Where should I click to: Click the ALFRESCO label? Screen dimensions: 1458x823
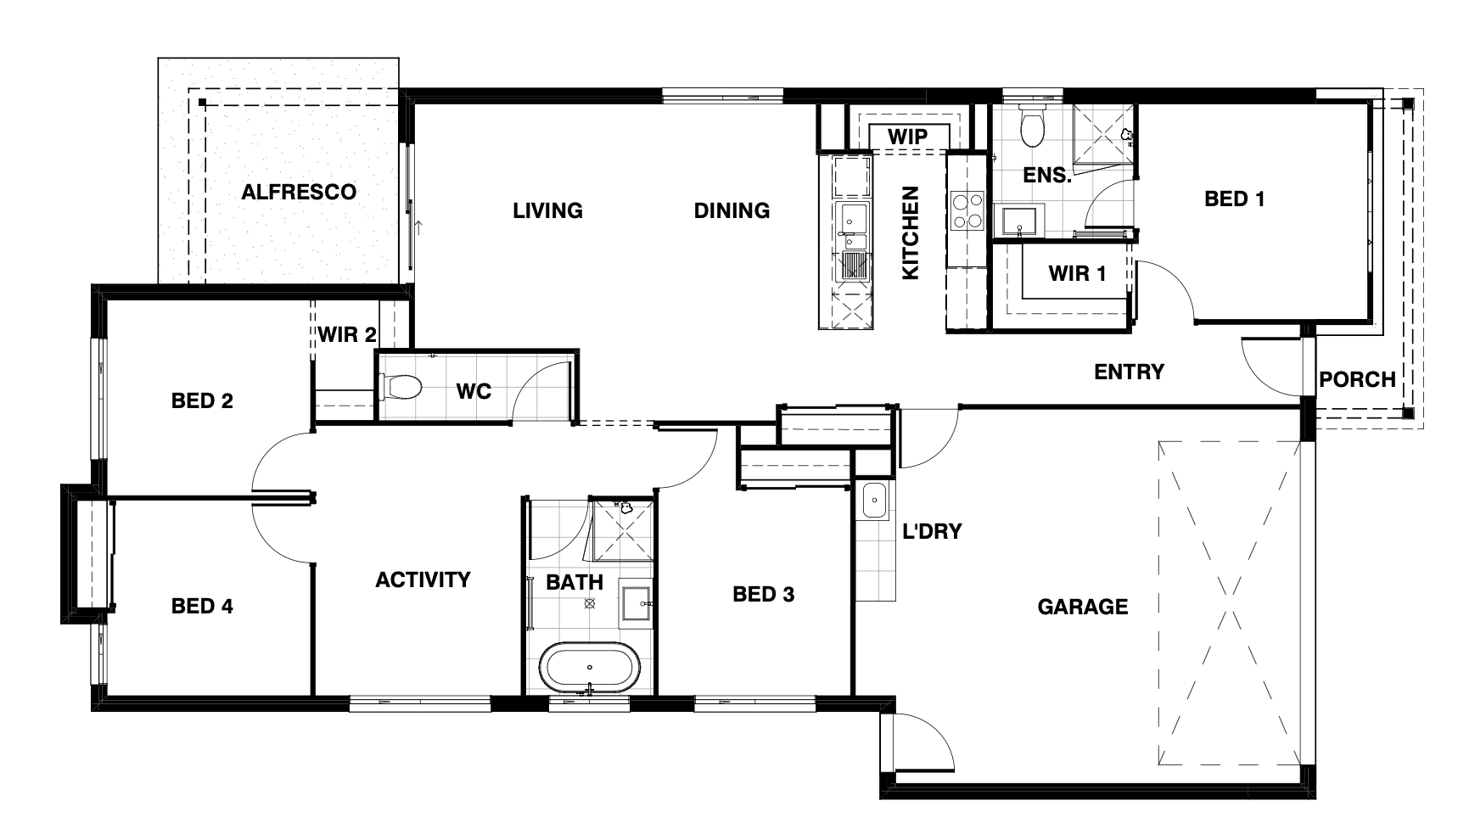click(299, 192)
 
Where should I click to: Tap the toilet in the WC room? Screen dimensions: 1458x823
click(401, 389)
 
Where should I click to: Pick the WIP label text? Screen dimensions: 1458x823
click(907, 136)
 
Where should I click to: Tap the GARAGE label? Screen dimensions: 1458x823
click(1083, 607)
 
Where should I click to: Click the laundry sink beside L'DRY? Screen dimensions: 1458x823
click(874, 501)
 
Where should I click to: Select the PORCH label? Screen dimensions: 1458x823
click(1357, 379)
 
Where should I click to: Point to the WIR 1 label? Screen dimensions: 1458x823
click(1077, 273)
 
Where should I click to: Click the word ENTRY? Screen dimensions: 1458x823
click(1129, 372)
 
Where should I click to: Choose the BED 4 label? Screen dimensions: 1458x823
click(202, 606)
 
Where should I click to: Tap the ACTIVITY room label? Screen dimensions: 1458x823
click(423, 579)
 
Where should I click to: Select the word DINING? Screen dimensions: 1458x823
click(732, 210)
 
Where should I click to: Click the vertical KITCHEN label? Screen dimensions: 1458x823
click(910, 233)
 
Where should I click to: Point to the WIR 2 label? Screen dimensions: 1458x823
click(347, 334)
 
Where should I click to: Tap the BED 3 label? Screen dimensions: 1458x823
click(763, 594)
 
